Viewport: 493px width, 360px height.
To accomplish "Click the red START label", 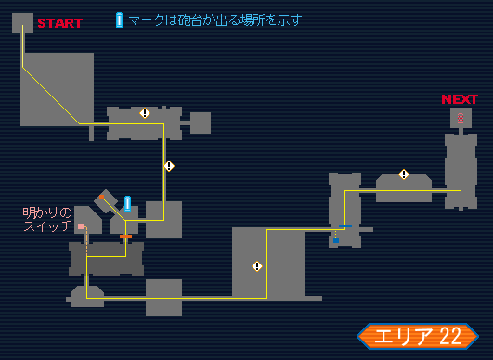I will (x=59, y=22).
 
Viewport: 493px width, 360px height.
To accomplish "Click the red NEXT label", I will (x=460, y=99).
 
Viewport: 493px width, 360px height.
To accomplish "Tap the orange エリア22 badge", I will (x=417, y=336).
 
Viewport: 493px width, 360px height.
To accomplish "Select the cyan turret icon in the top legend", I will (x=119, y=19).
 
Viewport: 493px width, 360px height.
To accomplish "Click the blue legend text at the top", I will (x=214, y=19).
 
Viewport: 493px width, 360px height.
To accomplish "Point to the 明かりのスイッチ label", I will (x=47, y=219).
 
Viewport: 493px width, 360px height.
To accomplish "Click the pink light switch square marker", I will (x=81, y=226).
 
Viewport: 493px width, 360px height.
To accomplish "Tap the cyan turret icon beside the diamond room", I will (x=127, y=203).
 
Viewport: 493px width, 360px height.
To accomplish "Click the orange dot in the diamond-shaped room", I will (x=101, y=198).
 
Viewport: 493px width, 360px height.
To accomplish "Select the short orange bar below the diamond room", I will (x=125, y=236).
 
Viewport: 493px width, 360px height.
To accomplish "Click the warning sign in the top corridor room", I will (x=145, y=113).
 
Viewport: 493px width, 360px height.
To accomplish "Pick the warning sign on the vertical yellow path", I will (x=169, y=166).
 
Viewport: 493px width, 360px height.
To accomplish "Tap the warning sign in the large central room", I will (x=257, y=266).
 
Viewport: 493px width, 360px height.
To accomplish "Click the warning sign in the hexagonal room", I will (x=404, y=174).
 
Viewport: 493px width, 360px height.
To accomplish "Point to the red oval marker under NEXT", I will (x=460, y=117).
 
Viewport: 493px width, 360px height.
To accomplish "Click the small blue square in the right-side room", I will (x=336, y=239).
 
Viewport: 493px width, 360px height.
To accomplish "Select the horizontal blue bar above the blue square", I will (x=346, y=225).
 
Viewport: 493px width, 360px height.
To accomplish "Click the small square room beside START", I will (x=22, y=22).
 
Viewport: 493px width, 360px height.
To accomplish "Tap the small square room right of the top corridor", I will (x=201, y=122).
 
